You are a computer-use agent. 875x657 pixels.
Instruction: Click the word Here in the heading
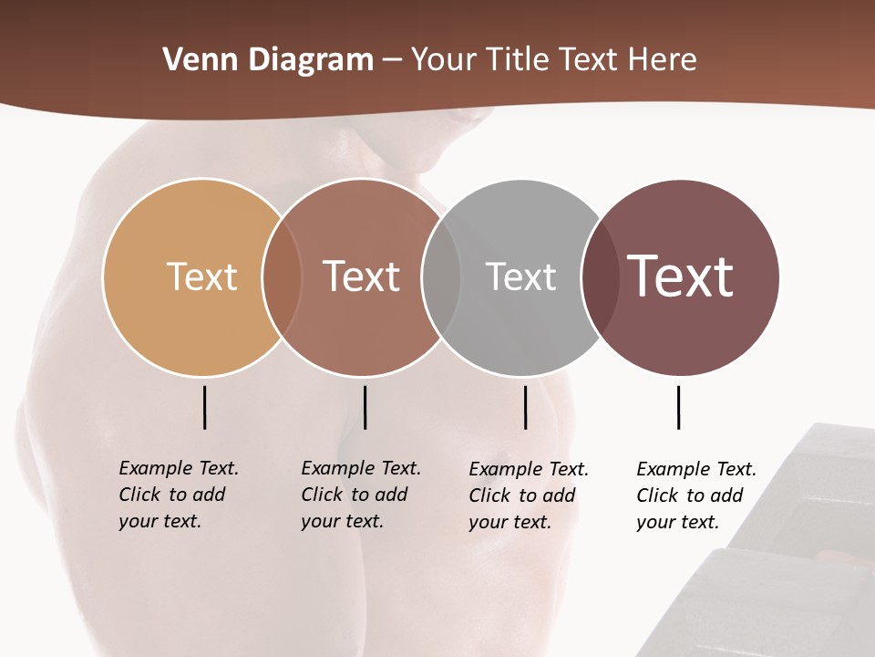point(663,60)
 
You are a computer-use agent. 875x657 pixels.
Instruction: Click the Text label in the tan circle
point(201,276)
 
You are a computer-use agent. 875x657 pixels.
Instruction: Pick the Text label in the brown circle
point(361,276)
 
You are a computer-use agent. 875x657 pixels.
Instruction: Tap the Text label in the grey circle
point(520,276)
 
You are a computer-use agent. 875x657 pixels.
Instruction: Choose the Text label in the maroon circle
point(681,276)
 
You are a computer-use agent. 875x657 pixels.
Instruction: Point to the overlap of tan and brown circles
point(282,276)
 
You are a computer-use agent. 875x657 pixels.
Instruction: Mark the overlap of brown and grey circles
point(441,276)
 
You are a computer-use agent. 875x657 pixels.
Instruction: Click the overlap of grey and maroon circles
point(601,276)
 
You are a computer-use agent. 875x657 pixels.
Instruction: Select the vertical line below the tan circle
point(204,407)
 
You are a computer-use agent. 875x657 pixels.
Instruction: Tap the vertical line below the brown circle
point(365,407)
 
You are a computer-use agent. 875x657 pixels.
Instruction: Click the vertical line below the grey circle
point(525,407)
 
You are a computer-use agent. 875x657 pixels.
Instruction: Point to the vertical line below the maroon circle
point(678,407)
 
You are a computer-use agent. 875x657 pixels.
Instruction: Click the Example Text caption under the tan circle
point(178,495)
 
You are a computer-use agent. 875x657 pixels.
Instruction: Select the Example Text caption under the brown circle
point(360,495)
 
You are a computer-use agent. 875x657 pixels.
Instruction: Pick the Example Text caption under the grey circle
point(528,495)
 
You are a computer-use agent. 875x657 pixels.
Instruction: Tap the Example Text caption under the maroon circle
point(695,495)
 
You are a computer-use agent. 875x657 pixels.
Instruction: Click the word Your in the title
point(444,60)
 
